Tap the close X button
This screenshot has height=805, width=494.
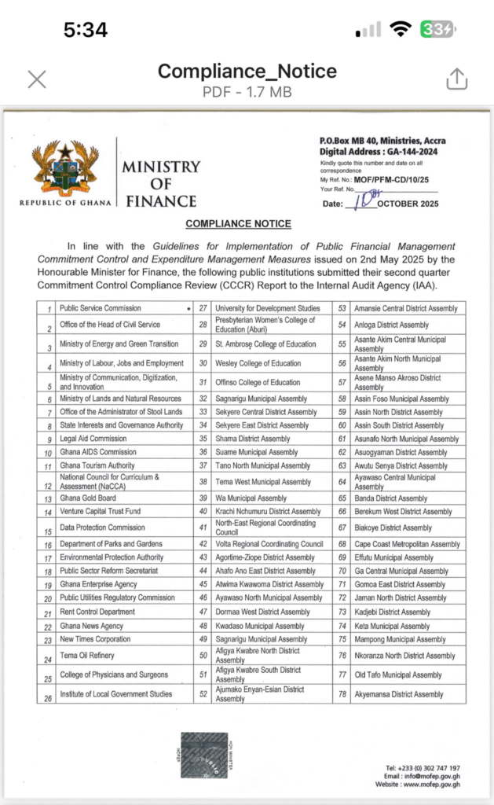[37, 79]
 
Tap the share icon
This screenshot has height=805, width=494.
[457, 79]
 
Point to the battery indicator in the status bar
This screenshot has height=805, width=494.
[437, 30]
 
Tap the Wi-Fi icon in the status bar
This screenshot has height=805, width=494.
[401, 30]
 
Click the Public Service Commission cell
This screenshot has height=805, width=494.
[101, 308]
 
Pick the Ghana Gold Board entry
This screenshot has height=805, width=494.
[88, 498]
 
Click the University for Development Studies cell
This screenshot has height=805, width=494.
[268, 308]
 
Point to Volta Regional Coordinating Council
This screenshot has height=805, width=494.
[269, 544]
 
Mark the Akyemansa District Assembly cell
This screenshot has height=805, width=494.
[399, 694]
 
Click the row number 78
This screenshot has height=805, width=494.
[342, 694]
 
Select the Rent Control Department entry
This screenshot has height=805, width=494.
[97, 612]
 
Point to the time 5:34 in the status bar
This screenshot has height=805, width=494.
[86, 30]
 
